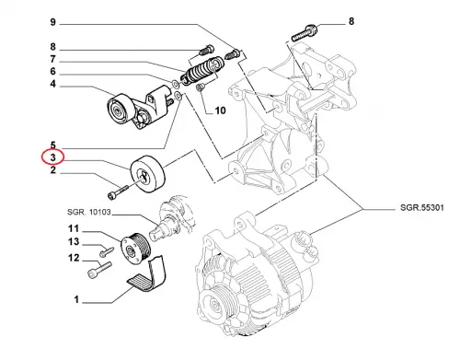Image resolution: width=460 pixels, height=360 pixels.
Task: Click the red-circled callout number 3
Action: [x=53, y=157]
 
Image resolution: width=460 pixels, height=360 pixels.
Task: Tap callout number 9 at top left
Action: [x=53, y=22]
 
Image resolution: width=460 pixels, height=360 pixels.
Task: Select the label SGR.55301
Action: [x=422, y=208]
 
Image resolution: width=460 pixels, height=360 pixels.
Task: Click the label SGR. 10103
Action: [x=89, y=212]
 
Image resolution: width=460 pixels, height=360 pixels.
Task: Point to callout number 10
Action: [x=220, y=110]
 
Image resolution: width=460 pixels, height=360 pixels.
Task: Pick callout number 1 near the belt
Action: [x=76, y=299]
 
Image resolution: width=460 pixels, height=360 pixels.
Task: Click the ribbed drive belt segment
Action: [x=148, y=274]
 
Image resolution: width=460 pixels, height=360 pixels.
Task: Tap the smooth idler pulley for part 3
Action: [x=148, y=174]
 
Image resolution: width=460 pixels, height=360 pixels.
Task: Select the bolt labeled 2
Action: [x=118, y=192]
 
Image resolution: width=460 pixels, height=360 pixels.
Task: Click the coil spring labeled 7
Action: [x=201, y=70]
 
